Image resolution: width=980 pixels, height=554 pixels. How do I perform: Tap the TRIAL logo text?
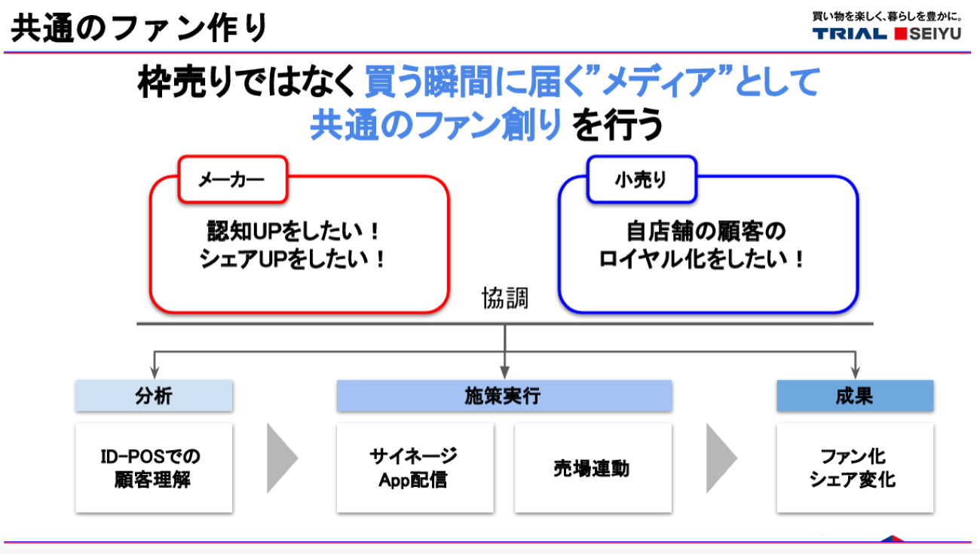click(850, 33)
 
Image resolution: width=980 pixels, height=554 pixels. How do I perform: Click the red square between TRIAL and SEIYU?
click(899, 33)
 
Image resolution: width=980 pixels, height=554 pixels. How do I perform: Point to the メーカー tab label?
click(231, 180)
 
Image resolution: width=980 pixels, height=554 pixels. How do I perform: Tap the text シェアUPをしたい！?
click(294, 259)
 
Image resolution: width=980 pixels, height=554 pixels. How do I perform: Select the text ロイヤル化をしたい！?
click(703, 259)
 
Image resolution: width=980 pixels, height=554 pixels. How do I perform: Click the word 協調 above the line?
click(504, 298)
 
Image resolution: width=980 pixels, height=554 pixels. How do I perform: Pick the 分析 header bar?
click(154, 396)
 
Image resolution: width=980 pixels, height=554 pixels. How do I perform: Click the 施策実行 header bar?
click(504, 396)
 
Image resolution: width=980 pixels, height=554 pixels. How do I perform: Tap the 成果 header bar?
click(855, 396)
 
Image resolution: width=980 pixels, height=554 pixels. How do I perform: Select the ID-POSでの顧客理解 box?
click(154, 467)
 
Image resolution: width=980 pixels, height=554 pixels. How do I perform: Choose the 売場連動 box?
click(593, 467)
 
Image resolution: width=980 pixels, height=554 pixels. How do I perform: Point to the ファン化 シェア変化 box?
click(855, 467)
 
